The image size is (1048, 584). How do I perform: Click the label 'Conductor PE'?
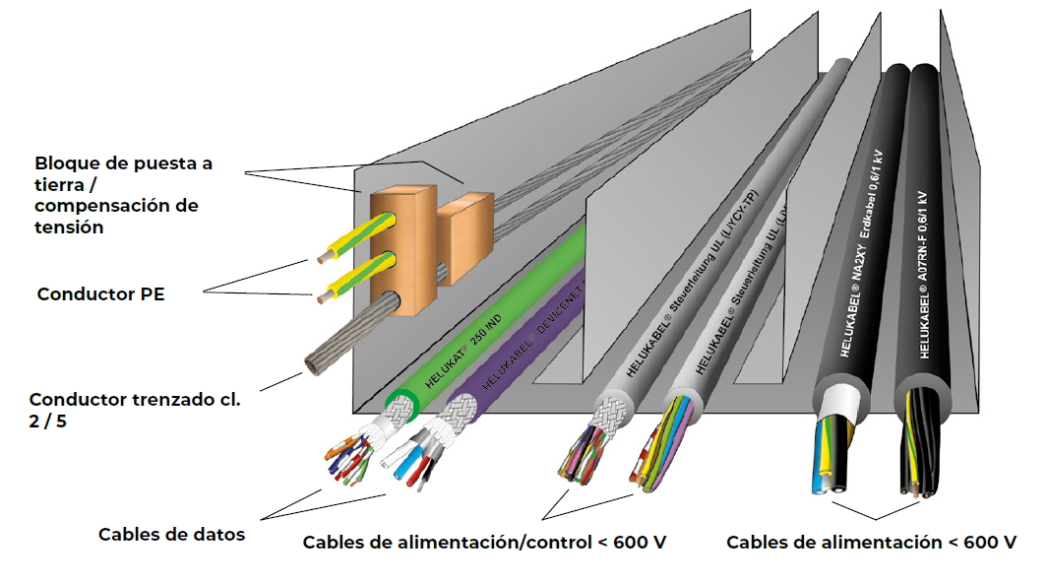(100, 293)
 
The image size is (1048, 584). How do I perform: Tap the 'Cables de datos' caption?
(171, 535)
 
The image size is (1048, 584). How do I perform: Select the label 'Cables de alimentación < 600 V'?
(871, 542)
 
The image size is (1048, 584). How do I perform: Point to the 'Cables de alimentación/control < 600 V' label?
(484, 543)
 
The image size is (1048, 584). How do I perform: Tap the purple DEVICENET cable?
(522, 345)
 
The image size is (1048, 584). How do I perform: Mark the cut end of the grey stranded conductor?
(316, 365)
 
